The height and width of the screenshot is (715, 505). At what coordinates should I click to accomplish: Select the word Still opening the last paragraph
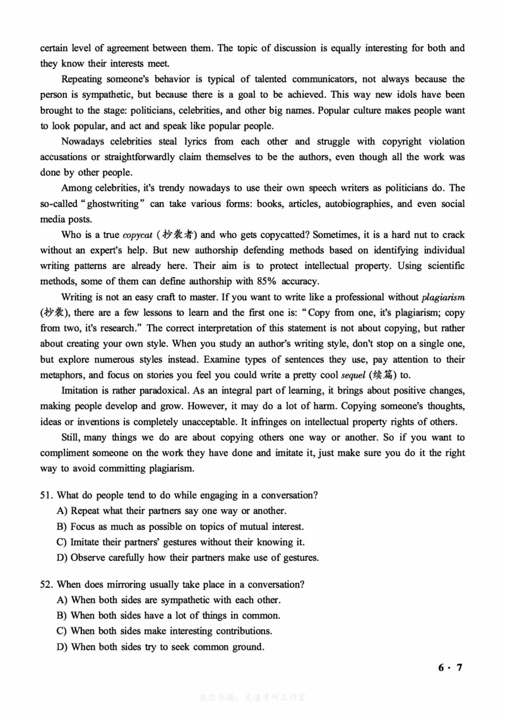(72, 436)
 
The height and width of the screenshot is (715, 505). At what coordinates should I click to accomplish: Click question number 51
(47, 495)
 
